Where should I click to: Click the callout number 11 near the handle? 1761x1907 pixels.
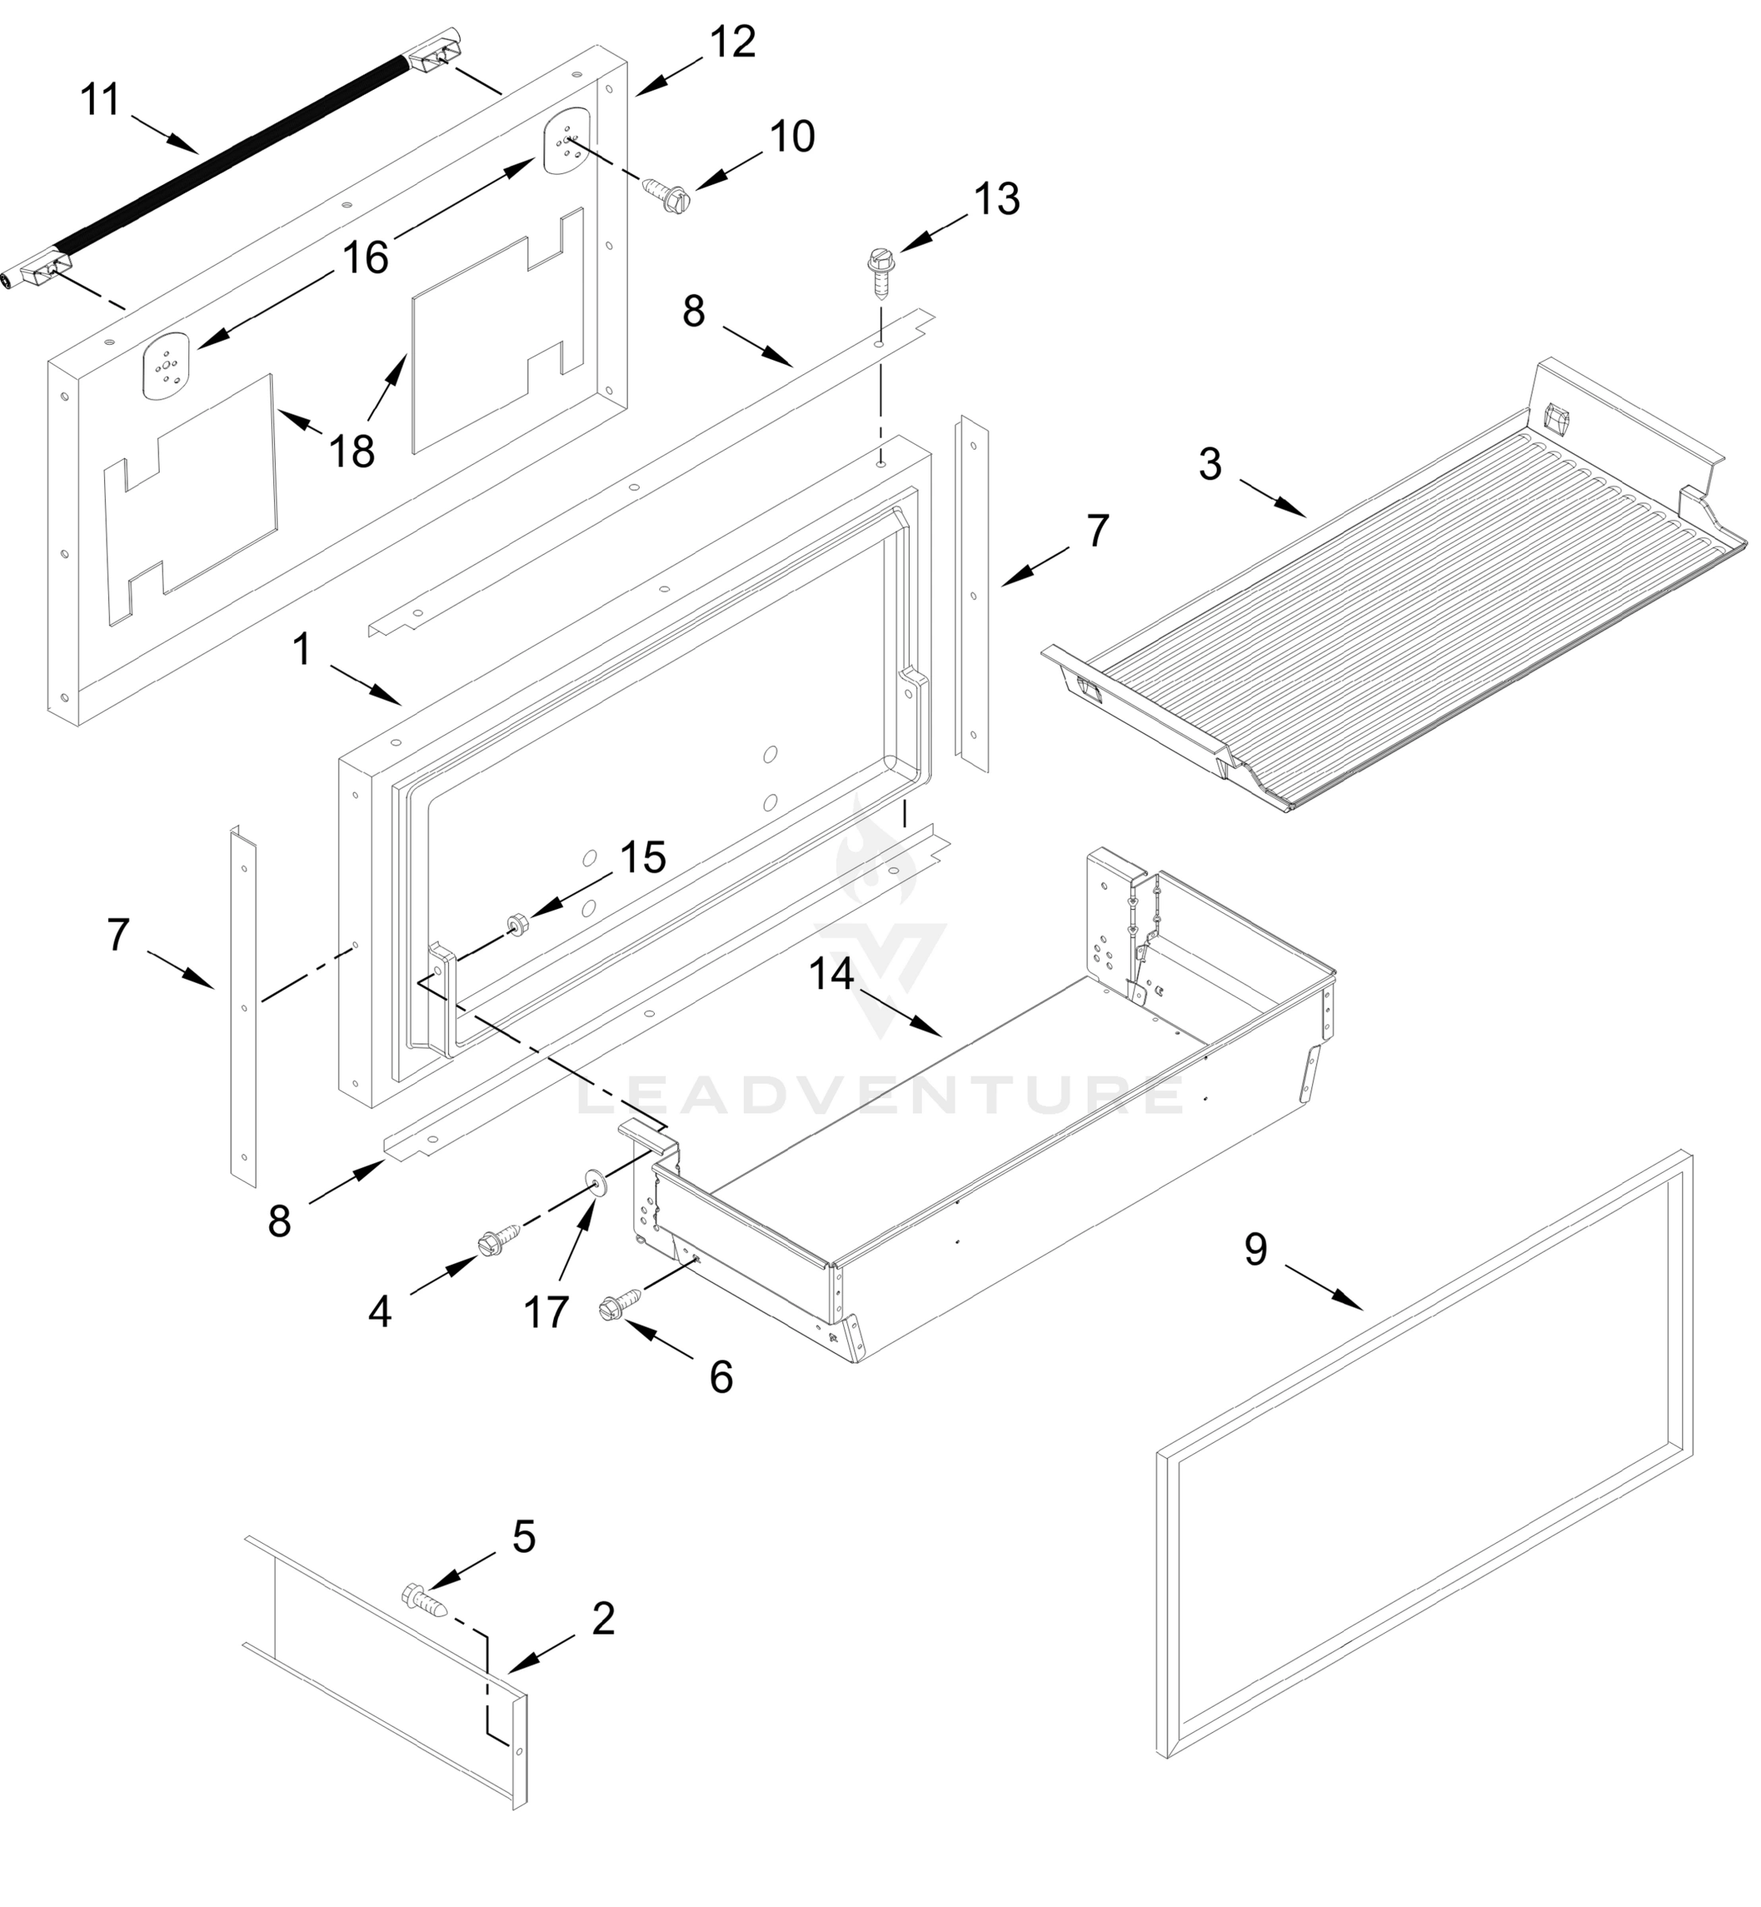click(x=100, y=99)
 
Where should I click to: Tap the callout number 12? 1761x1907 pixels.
click(x=732, y=42)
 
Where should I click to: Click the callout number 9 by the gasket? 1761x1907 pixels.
click(x=1255, y=1249)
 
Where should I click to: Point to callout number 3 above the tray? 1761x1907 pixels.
click(x=1209, y=464)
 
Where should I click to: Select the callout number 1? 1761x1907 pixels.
click(x=301, y=650)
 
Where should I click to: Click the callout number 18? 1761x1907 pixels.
click(x=350, y=450)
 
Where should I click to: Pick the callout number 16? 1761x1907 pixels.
click(x=365, y=257)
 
